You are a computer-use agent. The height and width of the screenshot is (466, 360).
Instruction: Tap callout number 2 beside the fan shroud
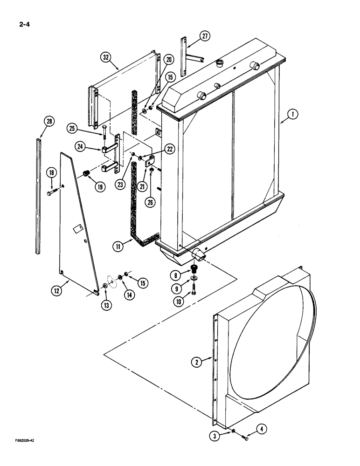198,361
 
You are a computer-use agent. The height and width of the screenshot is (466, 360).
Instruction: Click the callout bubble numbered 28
49,122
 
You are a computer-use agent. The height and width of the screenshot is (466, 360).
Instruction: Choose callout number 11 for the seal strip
119,246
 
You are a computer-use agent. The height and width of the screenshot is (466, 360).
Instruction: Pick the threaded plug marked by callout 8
194,270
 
